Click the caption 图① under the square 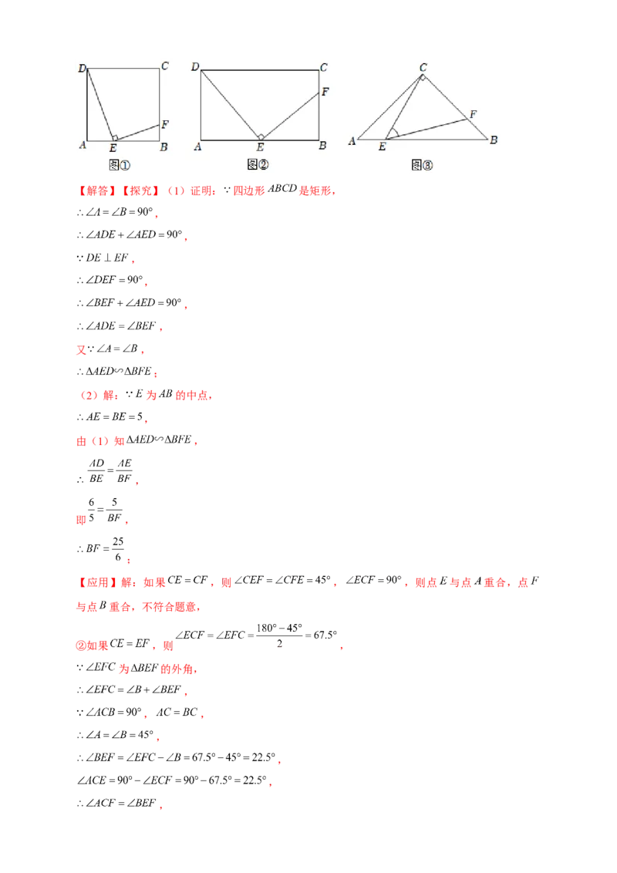[120, 165]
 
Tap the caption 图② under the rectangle [258, 164]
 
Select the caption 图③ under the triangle [422, 165]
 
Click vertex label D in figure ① [82, 69]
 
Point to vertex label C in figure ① [165, 66]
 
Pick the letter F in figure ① [165, 124]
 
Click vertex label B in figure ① [164, 147]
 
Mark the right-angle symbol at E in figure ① [114, 138]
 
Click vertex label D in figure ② [195, 67]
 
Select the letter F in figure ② [325, 92]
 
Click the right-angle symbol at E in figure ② [261, 137]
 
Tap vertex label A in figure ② [198, 147]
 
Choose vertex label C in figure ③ [423, 67]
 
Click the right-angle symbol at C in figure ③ [422, 77]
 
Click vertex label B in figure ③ [494, 140]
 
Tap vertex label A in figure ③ [352, 140]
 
